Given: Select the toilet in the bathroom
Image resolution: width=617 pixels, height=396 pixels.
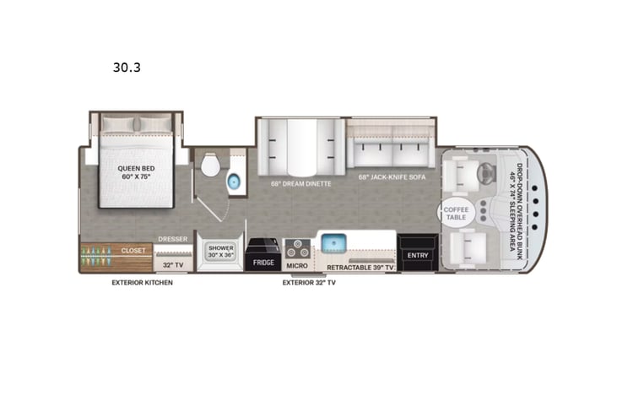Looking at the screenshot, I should (x=209, y=165).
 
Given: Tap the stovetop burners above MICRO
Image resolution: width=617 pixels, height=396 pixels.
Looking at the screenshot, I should (x=297, y=249).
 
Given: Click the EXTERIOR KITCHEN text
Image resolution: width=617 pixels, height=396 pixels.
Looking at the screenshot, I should (x=142, y=283).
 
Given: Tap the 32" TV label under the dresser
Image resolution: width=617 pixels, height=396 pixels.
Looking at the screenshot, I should (x=172, y=264).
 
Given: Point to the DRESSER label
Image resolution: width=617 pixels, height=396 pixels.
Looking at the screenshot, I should (x=172, y=239).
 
